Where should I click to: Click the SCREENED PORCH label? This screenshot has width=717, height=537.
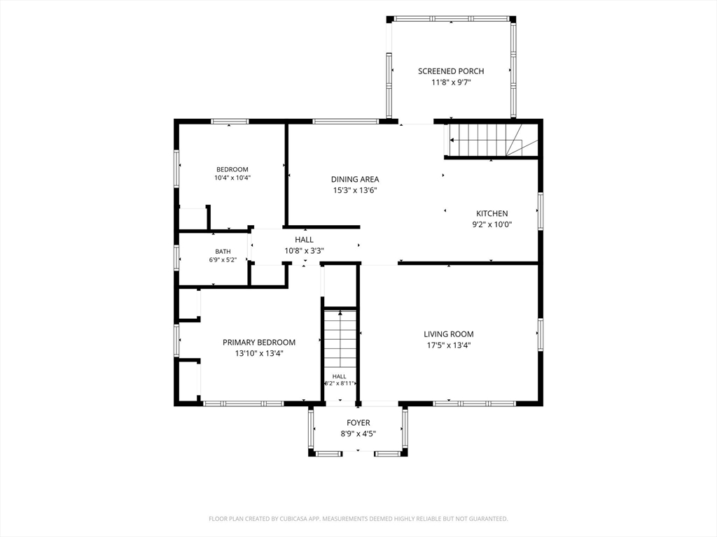coord(451,71)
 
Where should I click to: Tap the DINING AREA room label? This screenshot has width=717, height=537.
coord(355,180)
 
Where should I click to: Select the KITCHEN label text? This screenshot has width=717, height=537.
coord(492,213)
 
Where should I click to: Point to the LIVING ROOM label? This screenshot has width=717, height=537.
coord(449,334)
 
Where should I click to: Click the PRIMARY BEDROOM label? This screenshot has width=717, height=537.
coord(259,343)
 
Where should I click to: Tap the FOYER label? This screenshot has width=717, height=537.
coord(358,423)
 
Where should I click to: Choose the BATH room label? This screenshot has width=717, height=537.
coord(223,252)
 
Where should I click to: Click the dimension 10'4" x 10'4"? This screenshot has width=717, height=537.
coord(232,178)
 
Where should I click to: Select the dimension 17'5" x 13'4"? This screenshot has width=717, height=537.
coord(449,345)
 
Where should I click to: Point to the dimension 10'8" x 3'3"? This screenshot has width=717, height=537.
coord(304,251)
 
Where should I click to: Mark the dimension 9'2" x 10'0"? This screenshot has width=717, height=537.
coord(492,224)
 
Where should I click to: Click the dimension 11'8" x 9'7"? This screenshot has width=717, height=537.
coord(451,83)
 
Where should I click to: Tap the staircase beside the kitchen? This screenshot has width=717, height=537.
coord(492,140)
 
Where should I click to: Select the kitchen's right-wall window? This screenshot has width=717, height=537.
coord(541,211)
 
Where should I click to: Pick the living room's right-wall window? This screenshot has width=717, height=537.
coord(541,335)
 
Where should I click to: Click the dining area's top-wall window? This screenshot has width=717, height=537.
coord(346,122)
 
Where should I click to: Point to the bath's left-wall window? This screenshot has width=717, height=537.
coord(176,258)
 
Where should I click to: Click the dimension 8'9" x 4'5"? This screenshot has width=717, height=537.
coord(358,434)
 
